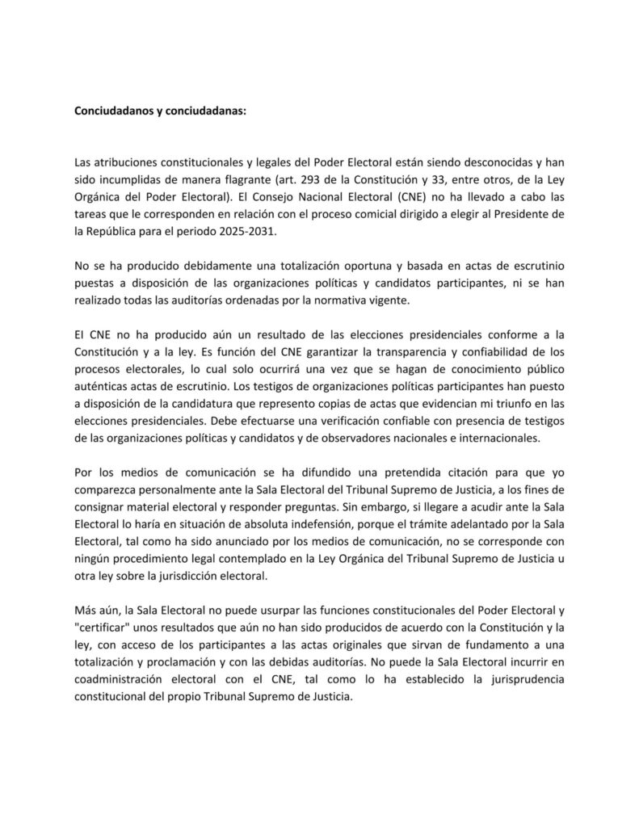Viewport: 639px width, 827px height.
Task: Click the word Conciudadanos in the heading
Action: tap(114, 111)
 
